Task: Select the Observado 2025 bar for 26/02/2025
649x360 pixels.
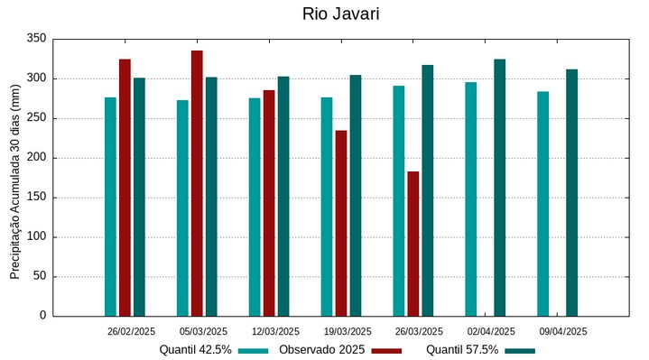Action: (x=125, y=188)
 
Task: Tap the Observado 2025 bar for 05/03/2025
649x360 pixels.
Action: (x=197, y=183)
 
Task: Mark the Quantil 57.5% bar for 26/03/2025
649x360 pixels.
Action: (x=428, y=190)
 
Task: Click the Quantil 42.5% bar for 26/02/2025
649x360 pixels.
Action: (x=110, y=207)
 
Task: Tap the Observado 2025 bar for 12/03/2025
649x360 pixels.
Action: (x=269, y=203)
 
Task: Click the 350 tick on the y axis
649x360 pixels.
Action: (x=36, y=39)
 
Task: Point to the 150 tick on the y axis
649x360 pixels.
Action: (x=36, y=198)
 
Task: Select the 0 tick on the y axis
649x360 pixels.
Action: (x=42, y=316)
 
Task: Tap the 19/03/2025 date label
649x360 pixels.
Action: (x=347, y=331)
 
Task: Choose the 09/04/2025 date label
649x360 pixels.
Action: (x=563, y=331)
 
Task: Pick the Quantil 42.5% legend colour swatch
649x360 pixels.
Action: (x=254, y=350)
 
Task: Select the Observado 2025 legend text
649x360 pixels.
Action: (x=321, y=350)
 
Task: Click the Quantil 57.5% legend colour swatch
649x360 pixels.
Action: (x=520, y=350)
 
